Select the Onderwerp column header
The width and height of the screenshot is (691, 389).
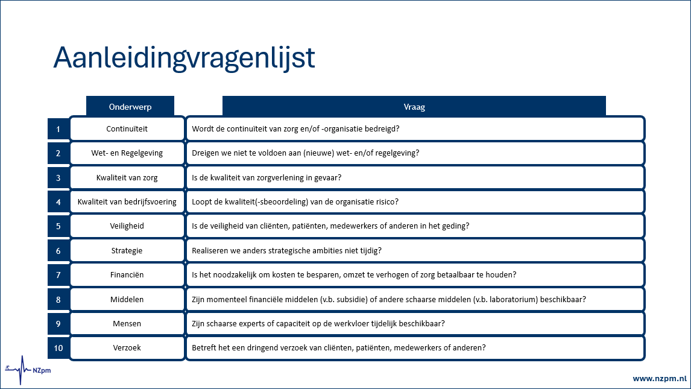(x=130, y=107)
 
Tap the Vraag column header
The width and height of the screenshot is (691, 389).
(x=414, y=107)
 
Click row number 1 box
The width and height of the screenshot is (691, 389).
(x=58, y=129)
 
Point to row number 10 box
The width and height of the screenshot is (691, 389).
(x=58, y=348)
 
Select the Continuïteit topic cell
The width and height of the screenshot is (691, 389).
(x=127, y=129)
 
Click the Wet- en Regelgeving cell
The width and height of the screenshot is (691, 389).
(x=127, y=153)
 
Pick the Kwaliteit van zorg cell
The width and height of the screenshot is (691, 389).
(x=127, y=178)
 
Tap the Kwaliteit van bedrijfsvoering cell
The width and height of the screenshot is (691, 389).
(x=127, y=202)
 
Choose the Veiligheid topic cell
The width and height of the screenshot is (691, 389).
(x=127, y=226)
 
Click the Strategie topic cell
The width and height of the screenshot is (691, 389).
(x=127, y=251)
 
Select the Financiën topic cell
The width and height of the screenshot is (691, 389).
(x=127, y=275)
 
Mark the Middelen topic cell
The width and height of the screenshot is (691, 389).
(x=127, y=299)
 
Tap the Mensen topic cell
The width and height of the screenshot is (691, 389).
(x=127, y=324)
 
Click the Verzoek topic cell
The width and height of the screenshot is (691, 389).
(x=127, y=348)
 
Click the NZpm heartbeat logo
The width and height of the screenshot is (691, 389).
(x=27, y=369)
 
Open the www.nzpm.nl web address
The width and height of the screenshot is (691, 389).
(x=659, y=379)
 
